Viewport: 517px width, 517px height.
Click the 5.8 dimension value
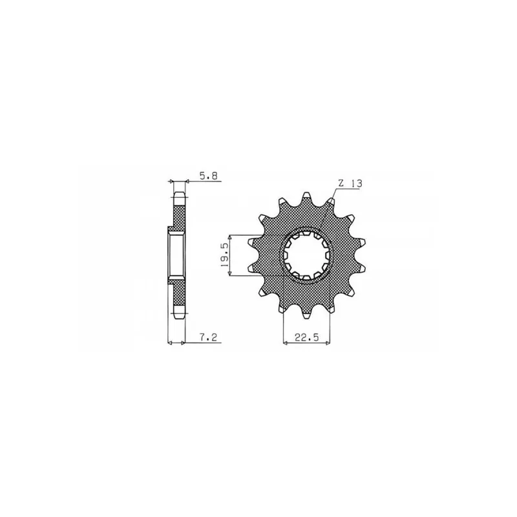[208, 176]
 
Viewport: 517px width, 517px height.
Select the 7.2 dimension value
[209, 337]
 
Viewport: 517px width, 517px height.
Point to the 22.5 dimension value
[307, 337]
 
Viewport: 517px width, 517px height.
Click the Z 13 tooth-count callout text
[350, 184]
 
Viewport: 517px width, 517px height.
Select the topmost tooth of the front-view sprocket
[307, 197]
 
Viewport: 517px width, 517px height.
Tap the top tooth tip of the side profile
[179, 195]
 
